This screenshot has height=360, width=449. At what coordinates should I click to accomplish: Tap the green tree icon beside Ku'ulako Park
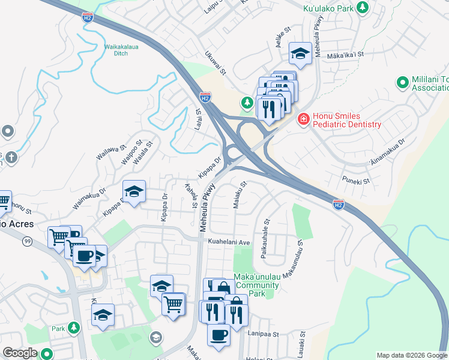point(362,7)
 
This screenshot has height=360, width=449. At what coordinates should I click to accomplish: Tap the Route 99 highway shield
point(28,241)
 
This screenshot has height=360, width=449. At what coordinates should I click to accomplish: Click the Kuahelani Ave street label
point(228,242)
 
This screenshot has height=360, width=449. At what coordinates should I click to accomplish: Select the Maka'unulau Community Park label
point(257,285)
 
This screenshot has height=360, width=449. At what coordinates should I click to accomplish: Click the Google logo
point(20,353)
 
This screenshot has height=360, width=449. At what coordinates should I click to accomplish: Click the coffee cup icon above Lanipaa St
point(219,335)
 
